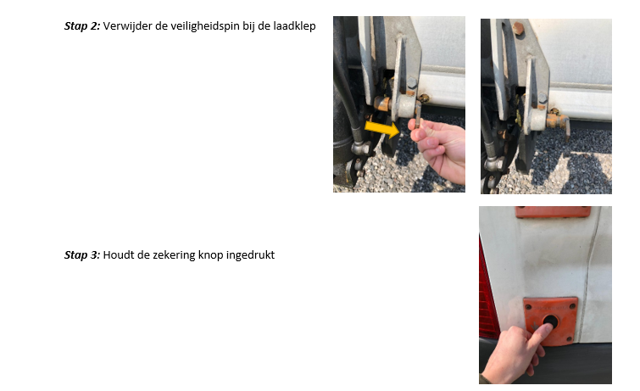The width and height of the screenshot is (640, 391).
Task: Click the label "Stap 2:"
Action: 82,26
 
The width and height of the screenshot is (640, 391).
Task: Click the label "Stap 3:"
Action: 82,255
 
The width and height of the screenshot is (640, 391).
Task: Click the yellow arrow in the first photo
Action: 382,129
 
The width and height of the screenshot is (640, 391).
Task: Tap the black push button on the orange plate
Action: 550,322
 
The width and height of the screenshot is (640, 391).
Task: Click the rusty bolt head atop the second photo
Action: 518,28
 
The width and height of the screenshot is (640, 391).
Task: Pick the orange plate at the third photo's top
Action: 553,212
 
